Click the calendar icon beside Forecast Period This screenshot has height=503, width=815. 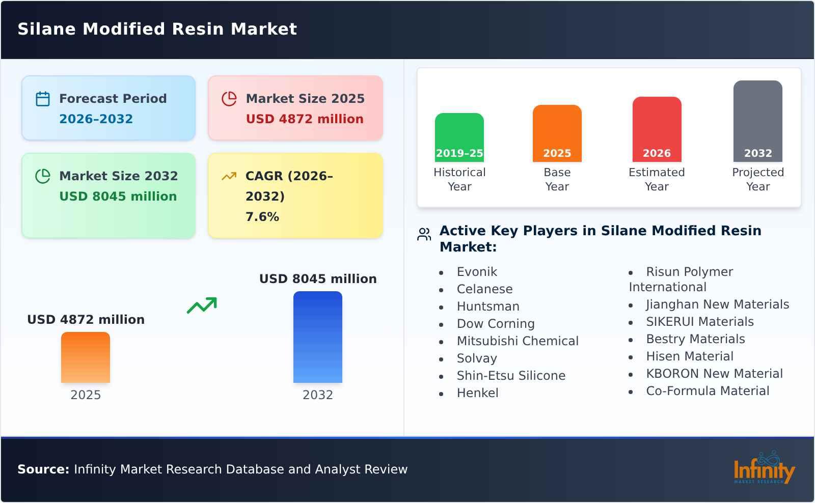43,99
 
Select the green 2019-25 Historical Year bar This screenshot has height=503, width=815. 459,137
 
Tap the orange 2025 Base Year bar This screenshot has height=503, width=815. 557,133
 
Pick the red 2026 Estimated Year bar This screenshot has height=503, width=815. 657,129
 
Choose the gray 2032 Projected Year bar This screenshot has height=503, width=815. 757,121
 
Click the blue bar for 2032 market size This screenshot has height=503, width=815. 317,337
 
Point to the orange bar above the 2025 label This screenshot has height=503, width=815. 86,357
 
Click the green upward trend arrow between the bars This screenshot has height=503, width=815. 202,305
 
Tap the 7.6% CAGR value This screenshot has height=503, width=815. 262,217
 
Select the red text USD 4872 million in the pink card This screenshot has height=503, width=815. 305,119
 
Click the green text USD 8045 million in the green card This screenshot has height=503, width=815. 118,197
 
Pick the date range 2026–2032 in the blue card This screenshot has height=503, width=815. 96,119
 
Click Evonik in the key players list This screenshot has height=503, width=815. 477,272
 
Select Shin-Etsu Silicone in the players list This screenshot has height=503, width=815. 511,376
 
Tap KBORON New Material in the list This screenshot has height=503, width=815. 714,374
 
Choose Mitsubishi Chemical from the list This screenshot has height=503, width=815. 518,341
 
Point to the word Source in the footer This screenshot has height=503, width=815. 43,469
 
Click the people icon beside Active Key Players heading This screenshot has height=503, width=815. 424,234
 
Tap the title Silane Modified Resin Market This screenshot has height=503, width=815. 157,29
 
